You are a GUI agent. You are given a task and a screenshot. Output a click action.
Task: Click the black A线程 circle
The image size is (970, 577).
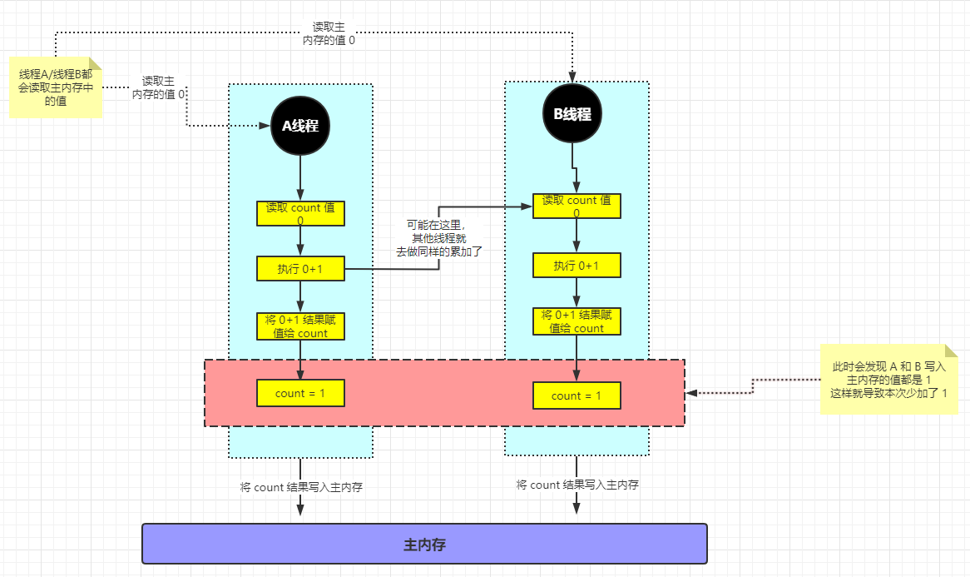pyautogui.click(x=300, y=126)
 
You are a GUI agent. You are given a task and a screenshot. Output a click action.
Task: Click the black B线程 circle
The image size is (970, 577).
pyautogui.click(x=572, y=114)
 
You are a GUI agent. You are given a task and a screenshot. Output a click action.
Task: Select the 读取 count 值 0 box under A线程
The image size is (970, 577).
pyautogui.click(x=300, y=213)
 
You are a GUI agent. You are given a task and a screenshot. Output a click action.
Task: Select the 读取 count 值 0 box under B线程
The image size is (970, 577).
pyautogui.click(x=577, y=206)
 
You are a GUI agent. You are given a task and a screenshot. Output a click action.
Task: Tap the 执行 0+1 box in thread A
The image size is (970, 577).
pyautogui.click(x=300, y=268)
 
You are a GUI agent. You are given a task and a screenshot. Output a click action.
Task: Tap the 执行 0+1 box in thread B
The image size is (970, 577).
pyautogui.click(x=577, y=266)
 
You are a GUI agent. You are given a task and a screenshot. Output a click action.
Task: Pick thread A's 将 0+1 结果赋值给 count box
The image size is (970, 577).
pyautogui.click(x=300, y=326)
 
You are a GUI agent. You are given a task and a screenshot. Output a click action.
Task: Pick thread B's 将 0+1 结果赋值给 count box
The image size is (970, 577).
pyautogui.click(x=577, y=321)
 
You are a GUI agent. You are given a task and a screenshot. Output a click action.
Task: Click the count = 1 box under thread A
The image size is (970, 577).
pyautogui.click(x=300, y=393)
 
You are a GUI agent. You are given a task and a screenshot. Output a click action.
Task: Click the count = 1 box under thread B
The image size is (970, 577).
pyautogui.click(x=577, y=395)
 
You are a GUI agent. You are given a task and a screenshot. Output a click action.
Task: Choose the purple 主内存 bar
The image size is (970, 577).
pyautogui.click(x=424, y=545)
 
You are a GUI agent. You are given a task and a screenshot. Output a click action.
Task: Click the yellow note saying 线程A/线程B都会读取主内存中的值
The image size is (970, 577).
pyautogui.click(x=56, y=87)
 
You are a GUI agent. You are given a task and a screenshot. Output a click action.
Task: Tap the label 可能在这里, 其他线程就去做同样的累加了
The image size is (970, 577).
pyautogui.click(x=438, y=238)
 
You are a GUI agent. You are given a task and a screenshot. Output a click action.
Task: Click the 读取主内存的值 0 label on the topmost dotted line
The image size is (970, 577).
pyautogui.click(x=329, y=33)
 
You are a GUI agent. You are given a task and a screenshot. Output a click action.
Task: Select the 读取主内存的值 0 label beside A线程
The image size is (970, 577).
pyautogui.click(x=158, y=87)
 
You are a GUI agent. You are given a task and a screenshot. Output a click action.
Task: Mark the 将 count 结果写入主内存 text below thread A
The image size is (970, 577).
pyautogui.click(x=301, y=487)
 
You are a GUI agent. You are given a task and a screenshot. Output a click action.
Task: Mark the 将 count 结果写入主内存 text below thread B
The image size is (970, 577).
pyautogui.click(x=577, y=485)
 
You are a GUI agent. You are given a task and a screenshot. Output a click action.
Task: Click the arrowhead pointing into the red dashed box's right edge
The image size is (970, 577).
pyautogui.click(x=691, y=392)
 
